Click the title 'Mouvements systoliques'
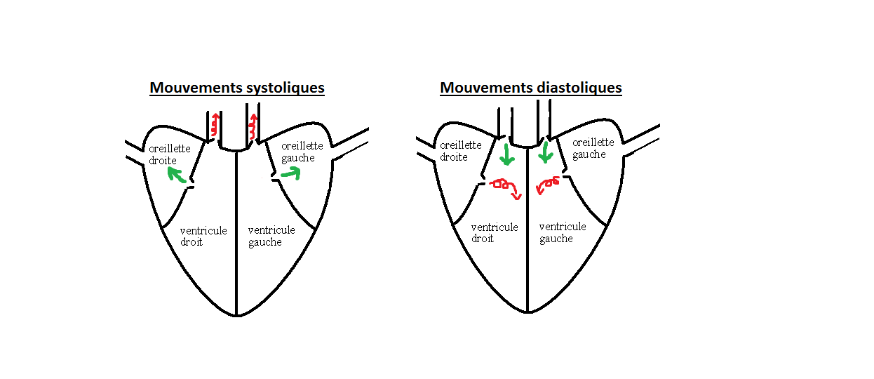(236, 88)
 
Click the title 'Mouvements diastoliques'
(531, 88)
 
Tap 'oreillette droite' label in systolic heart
(169, 154)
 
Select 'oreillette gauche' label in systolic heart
(302, 152)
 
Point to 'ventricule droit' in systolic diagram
(203, 236)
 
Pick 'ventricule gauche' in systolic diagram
(271, 236)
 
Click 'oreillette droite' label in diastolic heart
(460, 151)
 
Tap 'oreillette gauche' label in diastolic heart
(593, 148)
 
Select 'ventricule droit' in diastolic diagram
(495, 232)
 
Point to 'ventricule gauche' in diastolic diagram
(563, 232)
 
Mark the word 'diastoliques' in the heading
(579, 88)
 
